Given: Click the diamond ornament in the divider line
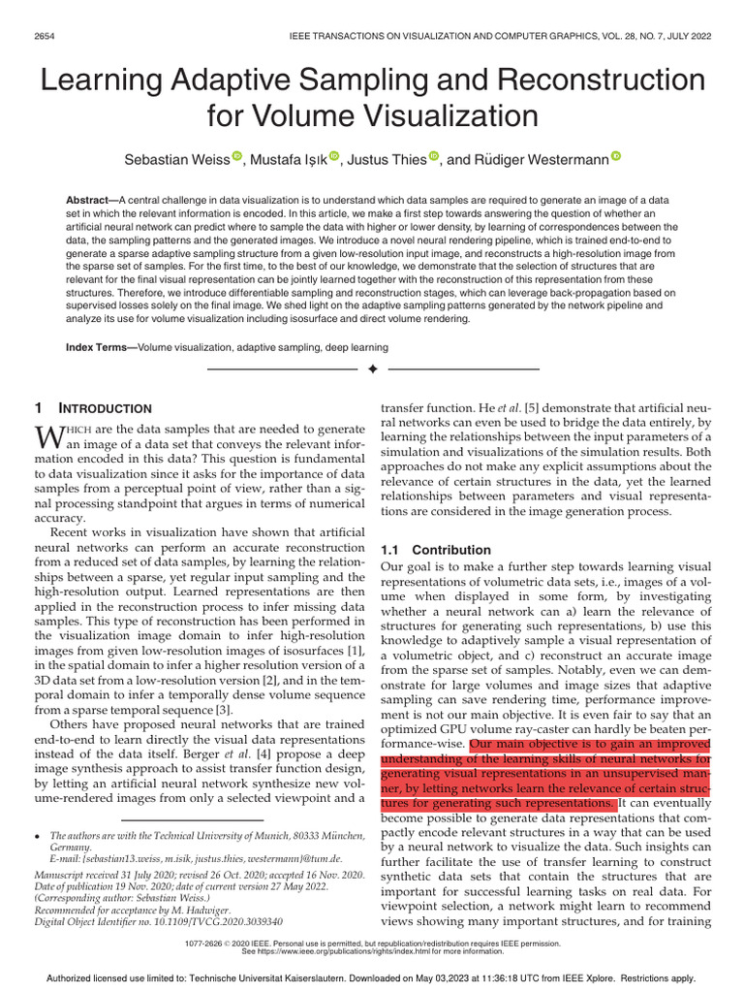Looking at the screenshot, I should coord(372,369).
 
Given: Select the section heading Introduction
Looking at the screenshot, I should coord(106,409).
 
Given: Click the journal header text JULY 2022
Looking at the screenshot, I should coord(685,36).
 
